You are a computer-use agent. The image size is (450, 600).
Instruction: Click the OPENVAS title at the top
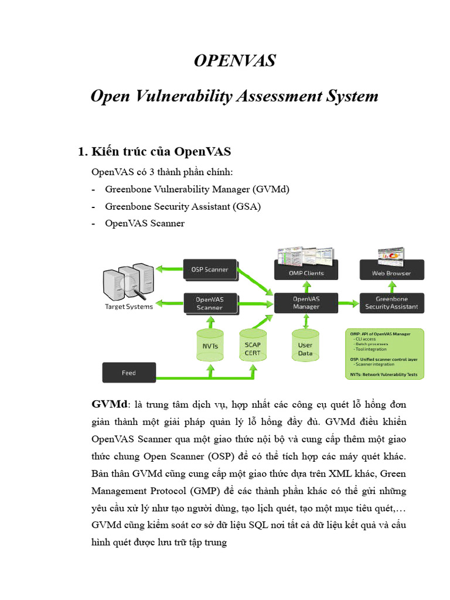[x=234, y=60]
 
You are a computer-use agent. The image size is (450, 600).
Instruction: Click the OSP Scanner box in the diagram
[x=210, y=270]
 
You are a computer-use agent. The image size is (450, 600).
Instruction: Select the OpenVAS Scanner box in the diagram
[x=210, y=303]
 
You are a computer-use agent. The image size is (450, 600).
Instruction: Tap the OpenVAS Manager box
[x=306, y=302]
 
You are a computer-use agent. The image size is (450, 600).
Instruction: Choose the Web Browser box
[x=391, y=273]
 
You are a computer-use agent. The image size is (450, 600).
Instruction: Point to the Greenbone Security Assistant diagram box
[x=391, y=302]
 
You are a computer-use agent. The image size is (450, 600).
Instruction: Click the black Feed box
[x=129, y=373]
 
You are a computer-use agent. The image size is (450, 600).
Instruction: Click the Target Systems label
[x=128, y=306]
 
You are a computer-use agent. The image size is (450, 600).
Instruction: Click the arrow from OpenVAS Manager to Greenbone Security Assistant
[x=348, y=303]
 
